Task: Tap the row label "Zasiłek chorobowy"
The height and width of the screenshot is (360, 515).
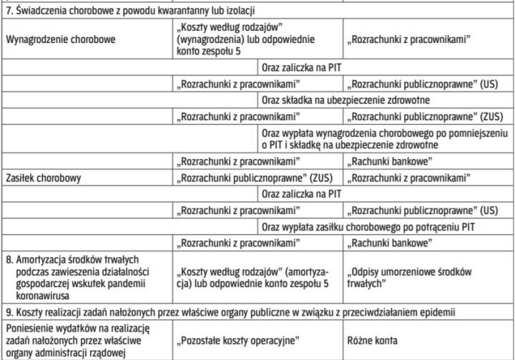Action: pyautogui.click(x=43, y=176)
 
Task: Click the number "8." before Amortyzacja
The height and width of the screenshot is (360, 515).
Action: pyautogui.click(x=9, y=259)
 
